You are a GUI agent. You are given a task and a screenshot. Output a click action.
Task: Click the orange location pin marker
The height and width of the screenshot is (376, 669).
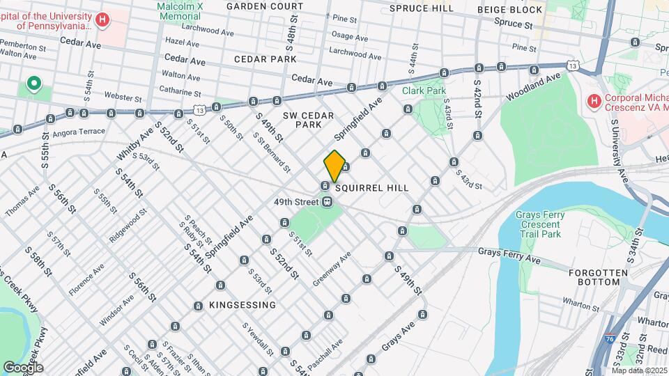click(334, 166)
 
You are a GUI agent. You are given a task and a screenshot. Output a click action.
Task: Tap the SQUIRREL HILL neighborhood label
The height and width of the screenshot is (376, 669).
click(371, 189)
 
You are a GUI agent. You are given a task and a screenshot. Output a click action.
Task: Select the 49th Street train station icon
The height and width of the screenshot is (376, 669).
click(326, 202)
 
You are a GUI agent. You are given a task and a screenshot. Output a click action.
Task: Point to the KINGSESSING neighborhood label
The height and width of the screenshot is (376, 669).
click(243, 305)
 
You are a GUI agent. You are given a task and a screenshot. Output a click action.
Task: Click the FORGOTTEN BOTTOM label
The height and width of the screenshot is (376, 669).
click(593, 277)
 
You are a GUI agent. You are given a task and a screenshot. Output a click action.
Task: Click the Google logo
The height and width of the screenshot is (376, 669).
click(23, 367)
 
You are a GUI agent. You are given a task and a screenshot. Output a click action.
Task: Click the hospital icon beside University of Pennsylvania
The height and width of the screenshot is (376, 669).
click(103, 19)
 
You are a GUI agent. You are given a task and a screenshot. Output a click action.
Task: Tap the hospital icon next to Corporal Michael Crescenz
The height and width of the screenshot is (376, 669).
click(594, 102)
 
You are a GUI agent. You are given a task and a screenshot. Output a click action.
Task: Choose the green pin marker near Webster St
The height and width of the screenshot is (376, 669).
click(33, 85)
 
